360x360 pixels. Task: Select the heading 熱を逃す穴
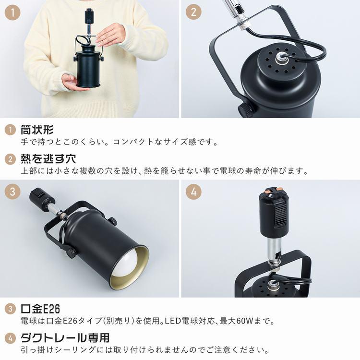click(48, 159)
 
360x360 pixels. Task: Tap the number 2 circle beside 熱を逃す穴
click(10, 159)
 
